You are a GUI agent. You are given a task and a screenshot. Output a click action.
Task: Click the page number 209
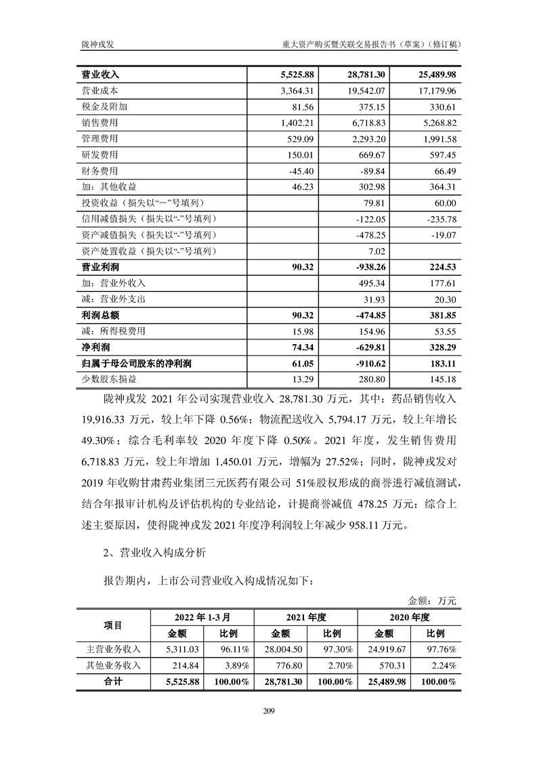(268, 711)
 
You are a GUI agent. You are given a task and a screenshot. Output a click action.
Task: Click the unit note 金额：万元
(433, 600)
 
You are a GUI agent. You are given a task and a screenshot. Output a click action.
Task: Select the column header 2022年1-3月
(203, 617)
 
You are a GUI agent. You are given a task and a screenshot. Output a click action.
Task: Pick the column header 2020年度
(409, 617)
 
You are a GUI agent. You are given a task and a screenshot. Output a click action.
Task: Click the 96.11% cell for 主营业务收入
(231, 649)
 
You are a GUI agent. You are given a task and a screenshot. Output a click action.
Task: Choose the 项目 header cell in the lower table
(112, 625)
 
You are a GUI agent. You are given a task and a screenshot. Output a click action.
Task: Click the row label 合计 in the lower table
(112, 681)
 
